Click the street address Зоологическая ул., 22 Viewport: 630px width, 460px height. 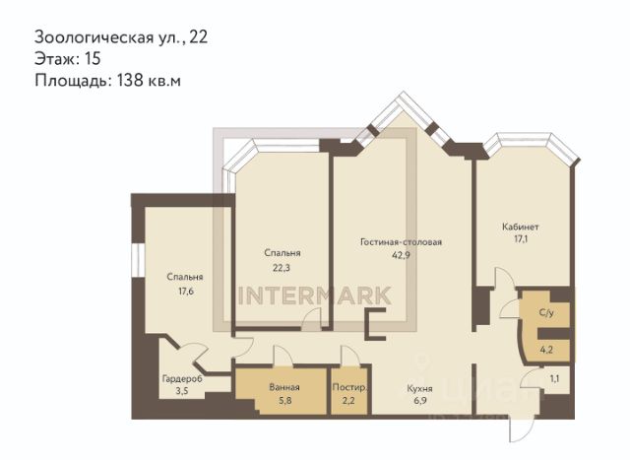coord(121,37)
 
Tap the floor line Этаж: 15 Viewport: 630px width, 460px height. coord(68,59)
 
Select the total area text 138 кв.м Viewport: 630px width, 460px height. coord(149,81)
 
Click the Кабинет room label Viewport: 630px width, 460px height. coord(521,227)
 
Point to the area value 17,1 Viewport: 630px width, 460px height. coord(521,239)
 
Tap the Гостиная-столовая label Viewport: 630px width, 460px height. coord(401,242)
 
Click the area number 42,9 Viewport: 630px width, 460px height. coord(401,255)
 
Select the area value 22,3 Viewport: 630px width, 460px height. coord(282,268)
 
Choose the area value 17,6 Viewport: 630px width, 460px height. coord(186,292)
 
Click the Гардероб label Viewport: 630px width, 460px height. coord(182,379)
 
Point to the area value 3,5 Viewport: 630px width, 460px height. coord(182,391)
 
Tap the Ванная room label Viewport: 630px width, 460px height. coord(284,387)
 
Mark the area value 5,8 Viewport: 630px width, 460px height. coord(284,401)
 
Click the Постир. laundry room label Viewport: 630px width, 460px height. coord(349,388)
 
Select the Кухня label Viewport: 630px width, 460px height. coord(420,389)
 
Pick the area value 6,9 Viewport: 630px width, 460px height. coord(420,401)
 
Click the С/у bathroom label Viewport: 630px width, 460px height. coord(546,312)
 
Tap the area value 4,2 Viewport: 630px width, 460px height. coord(546,350)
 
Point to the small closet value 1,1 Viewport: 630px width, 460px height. coord(554,378)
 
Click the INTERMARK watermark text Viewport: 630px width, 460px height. coord(315,296)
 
